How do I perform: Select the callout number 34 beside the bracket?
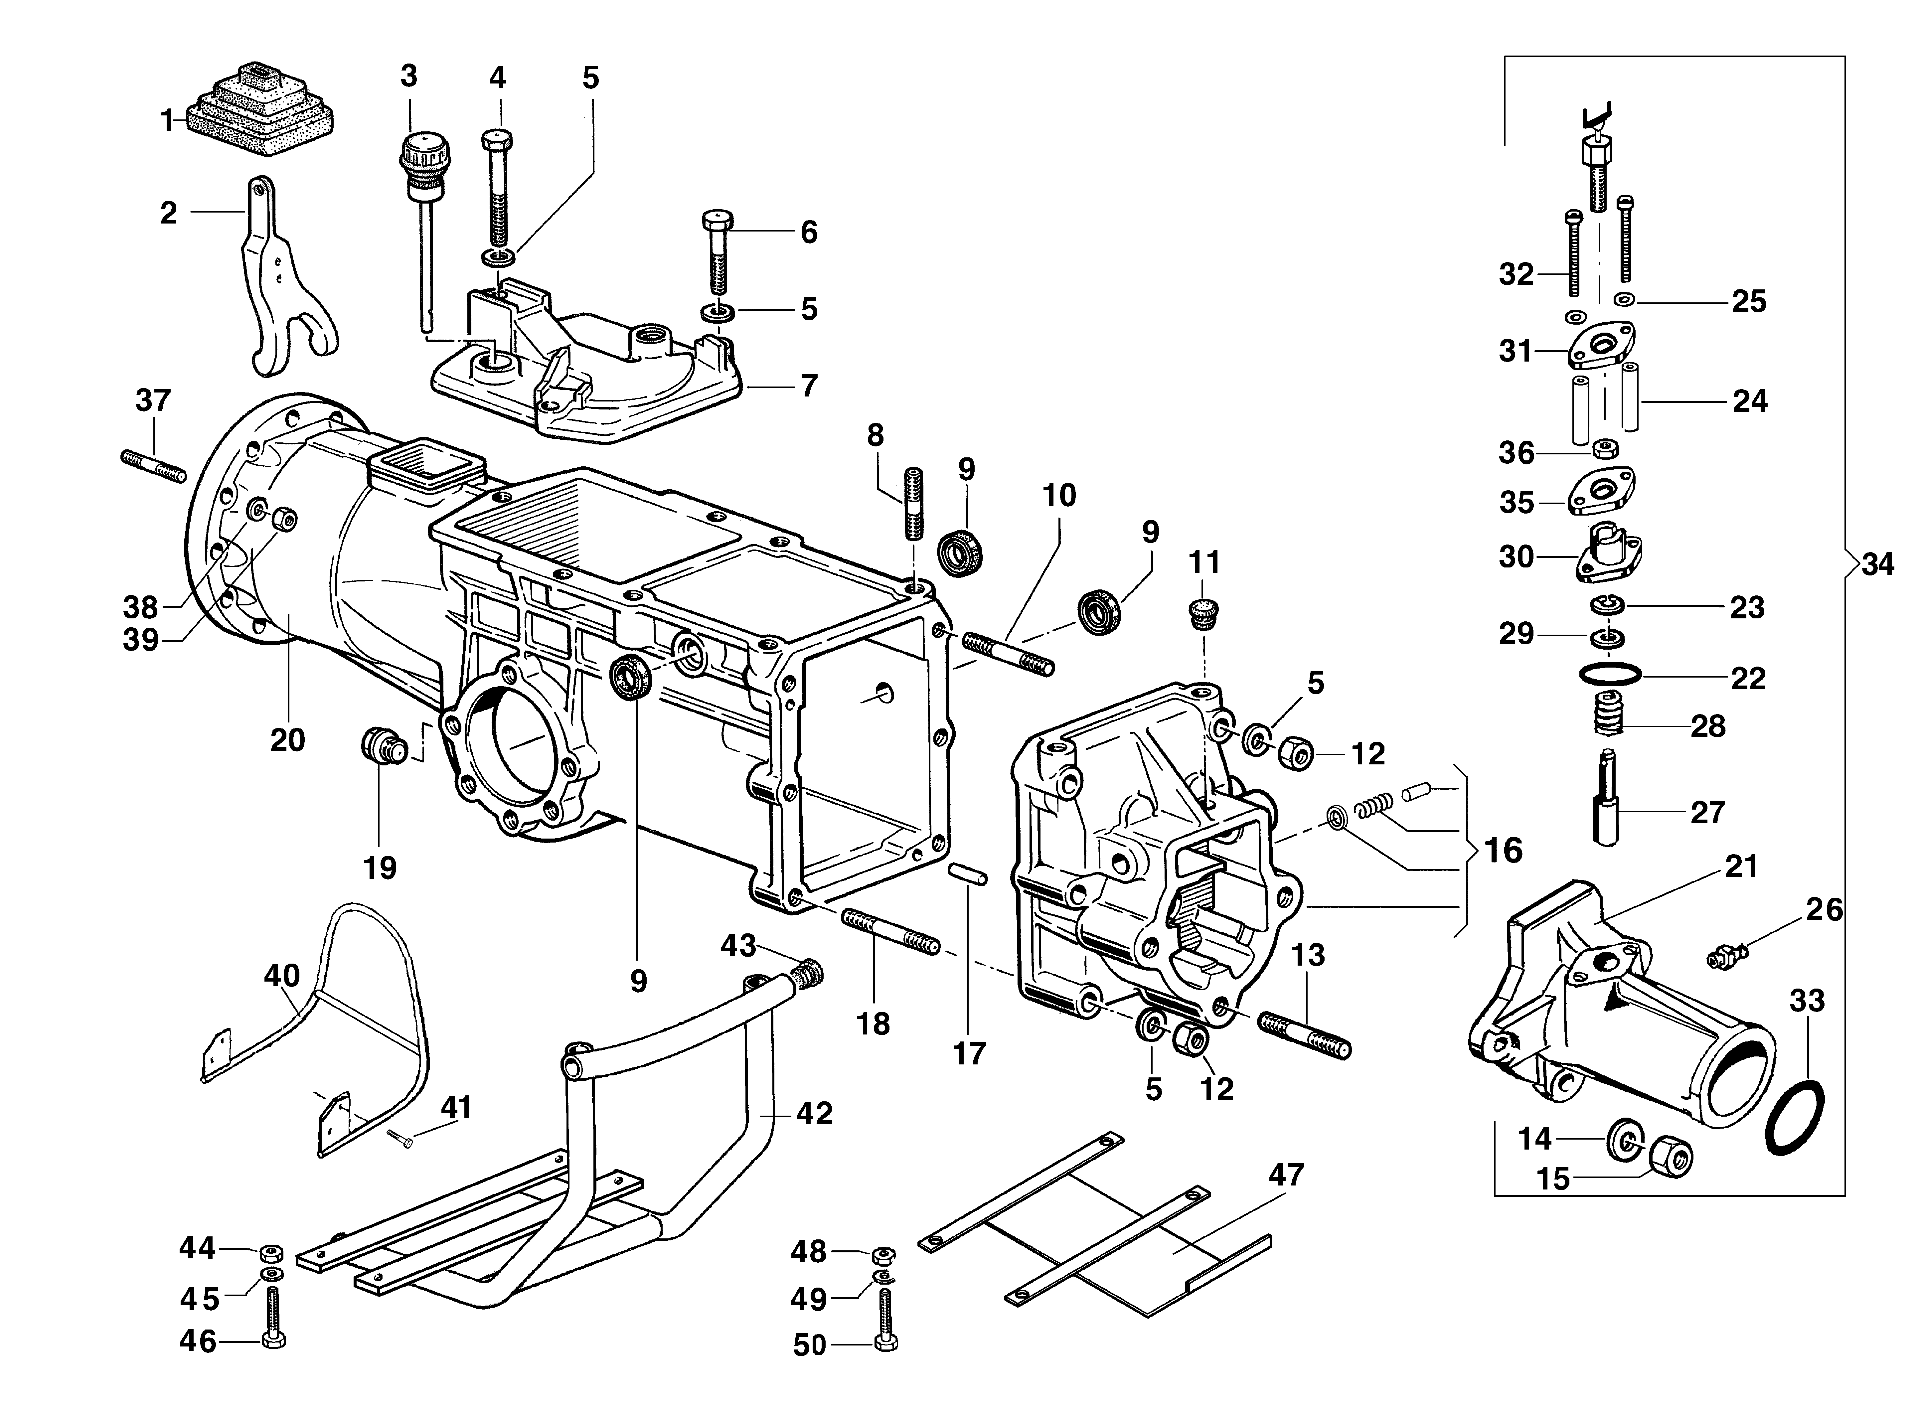(1877, 565)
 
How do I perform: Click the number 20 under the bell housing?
(288, 739)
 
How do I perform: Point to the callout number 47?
(1286, 1174)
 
